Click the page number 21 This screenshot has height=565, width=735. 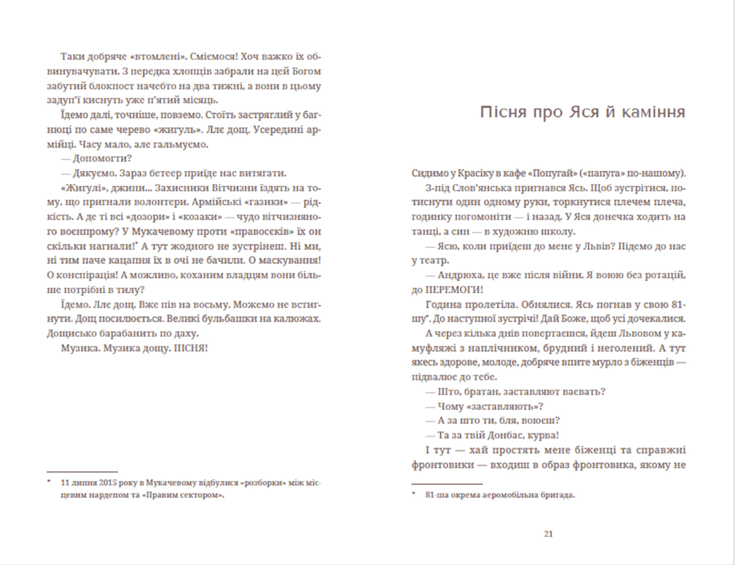tap(548, 533)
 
